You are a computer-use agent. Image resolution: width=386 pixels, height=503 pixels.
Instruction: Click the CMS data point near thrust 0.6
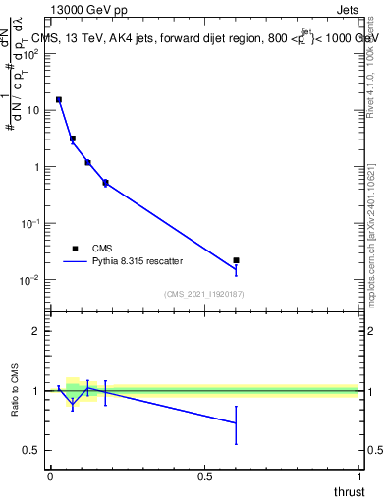(236, 260)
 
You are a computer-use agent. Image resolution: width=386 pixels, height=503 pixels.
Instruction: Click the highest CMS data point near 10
(59, 99)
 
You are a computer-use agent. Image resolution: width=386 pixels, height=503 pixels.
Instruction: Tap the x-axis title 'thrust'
(350, 491)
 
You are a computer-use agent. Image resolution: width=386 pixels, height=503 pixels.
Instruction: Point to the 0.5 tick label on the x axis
(204, 476)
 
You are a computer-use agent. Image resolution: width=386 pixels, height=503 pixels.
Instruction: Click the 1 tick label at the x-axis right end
(359, 476)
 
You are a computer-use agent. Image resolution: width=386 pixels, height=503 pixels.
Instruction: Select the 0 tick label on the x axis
(50, 476)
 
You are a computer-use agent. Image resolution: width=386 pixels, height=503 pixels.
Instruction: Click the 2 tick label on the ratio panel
(35, 331)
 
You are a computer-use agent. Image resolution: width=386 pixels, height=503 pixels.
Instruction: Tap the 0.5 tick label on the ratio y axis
(31, 450)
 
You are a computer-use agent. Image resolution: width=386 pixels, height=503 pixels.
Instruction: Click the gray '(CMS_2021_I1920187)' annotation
(203, 294)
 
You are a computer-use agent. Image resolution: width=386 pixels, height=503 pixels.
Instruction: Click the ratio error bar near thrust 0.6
(236, 423)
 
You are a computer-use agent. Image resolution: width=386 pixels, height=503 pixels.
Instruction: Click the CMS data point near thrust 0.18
(105, 183)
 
